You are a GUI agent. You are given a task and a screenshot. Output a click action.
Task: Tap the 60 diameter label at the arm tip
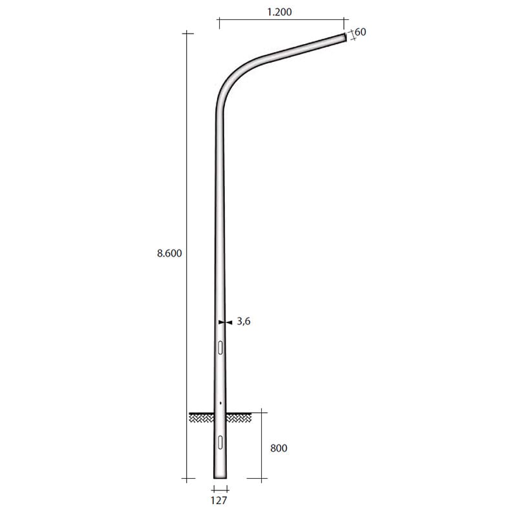point(360,32)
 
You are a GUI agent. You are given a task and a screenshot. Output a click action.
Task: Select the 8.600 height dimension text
point(169,254)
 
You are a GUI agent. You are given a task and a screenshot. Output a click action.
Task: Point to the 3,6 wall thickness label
point(242,321)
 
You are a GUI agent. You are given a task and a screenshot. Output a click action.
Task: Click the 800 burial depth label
point(279,447)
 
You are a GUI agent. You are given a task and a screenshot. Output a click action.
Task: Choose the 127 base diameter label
point(220,499)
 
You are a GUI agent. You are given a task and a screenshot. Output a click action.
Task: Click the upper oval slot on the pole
point(220,348)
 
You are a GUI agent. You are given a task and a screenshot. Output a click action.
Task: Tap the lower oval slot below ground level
point(220,442)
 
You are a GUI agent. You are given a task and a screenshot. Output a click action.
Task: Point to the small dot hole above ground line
point(220,403)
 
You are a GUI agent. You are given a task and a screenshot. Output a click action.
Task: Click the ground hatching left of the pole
point(201,417)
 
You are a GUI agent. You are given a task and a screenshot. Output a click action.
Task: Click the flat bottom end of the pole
point(220,478)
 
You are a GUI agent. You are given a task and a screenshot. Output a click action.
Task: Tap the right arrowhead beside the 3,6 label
point(228,321)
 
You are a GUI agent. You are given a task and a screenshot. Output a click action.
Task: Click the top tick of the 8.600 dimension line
point(187,32)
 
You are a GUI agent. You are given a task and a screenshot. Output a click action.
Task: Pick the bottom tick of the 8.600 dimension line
point(187,479)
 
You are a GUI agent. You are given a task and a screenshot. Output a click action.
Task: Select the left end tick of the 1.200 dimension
point(220,24)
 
